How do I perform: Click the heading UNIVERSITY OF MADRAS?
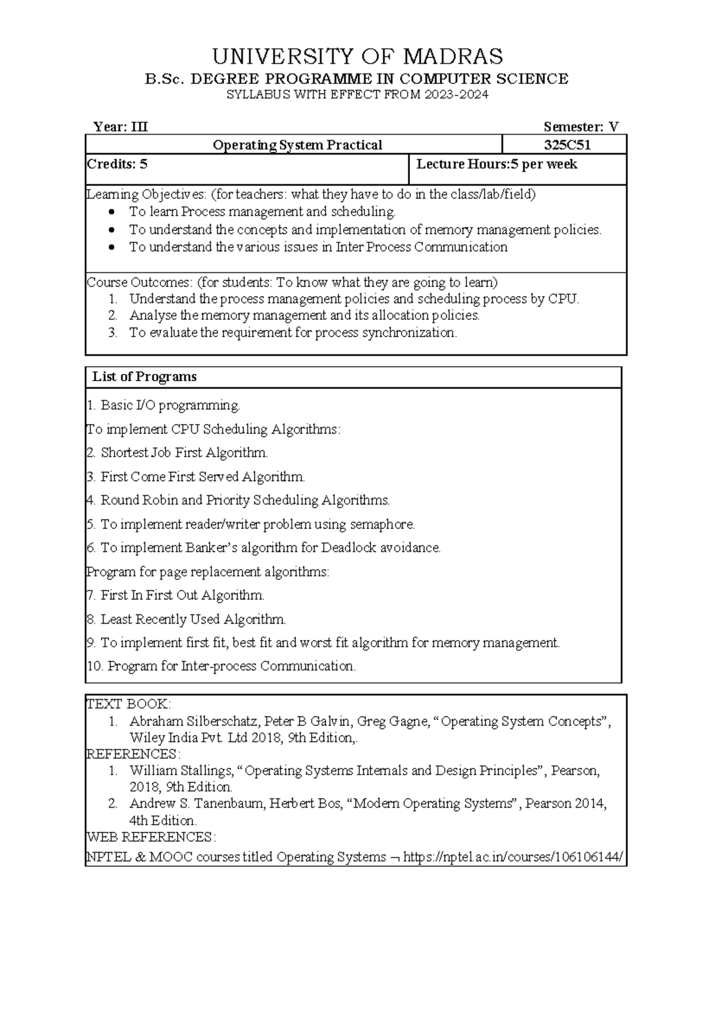pos(357,57)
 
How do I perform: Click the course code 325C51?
pos(567,145)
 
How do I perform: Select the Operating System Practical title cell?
pos(297,145)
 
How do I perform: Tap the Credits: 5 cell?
pos(117,164)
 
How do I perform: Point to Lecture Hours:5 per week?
pos(496,164)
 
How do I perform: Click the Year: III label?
pos(120,127)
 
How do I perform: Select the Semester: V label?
pos(581,127)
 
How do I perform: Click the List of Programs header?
pos(144,377)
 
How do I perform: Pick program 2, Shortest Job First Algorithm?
pos(177,453)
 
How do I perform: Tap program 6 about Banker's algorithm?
pos(263,548)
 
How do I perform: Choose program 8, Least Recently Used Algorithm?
pos(186,619)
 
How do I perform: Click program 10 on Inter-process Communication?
pos(221,666)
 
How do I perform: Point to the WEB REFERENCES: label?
pos(151,837)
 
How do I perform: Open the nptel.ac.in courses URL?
pos(514,858)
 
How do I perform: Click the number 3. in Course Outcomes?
pos(113,333)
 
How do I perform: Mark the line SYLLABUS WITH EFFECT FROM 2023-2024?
pos(357,95)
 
